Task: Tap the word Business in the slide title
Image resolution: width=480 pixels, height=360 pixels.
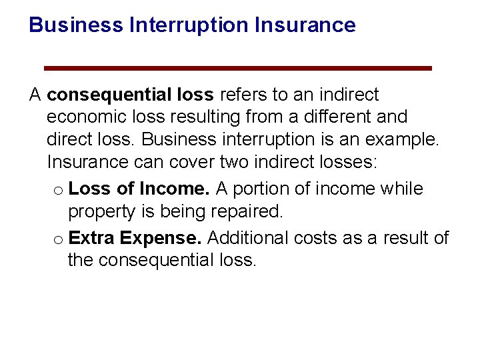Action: [76, 25]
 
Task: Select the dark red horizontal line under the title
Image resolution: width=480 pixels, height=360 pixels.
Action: [237, 68]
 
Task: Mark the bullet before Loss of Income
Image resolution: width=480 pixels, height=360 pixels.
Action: [58, 191]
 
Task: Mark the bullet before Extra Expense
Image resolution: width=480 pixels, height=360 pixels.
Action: [58, 239]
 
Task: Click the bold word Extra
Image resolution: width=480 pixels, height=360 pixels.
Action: [91, 238]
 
